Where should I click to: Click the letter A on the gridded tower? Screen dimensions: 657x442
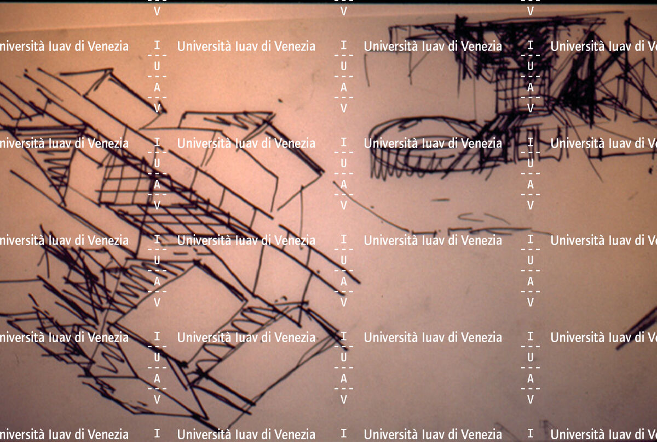[x=531, y=88]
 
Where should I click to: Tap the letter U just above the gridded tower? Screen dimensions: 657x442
[x=531, y=66]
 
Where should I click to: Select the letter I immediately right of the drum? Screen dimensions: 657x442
[x=531, y=143]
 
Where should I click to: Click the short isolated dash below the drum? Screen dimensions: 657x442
[x=441, y=200]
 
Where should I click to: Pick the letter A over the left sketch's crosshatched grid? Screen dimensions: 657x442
[x=157, y=184]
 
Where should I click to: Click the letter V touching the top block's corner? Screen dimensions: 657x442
[x=157, y=109]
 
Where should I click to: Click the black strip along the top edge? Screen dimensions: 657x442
[x=328, y=2]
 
